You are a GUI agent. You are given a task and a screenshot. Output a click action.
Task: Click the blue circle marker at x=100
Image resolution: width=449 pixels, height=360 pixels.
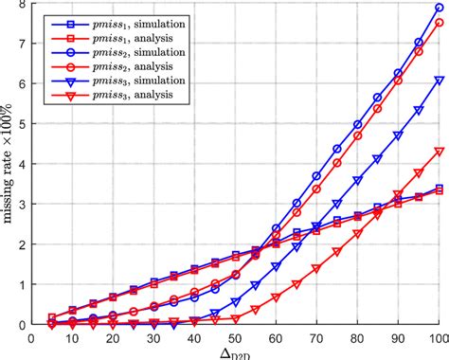click(x=438, y=8)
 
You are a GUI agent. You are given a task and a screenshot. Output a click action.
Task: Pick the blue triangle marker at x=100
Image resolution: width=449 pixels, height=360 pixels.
click(x=438, y=81)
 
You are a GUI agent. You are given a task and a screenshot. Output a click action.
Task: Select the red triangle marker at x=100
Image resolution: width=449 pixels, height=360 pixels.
click(x=438, y=152)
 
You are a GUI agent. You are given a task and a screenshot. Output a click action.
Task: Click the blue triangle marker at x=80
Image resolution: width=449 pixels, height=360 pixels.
click(x=357, y=180)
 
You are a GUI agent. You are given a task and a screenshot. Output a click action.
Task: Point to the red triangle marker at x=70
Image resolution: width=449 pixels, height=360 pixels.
click(x=316, y=268)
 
